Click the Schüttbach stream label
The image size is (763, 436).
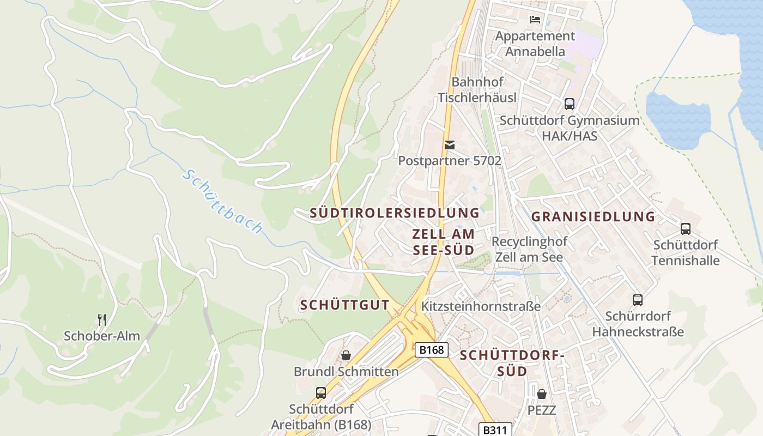(223, 201)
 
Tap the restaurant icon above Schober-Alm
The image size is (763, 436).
(102, 320)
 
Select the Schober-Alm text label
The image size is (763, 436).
(102, 336)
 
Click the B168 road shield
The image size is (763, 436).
(431, 349)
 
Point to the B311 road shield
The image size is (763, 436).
(495, 430)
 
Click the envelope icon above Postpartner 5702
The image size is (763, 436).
(450, 145)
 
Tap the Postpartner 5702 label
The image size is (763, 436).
(450, 161)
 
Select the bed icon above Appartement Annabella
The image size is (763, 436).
(535, 20)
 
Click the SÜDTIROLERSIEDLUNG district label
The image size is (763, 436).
(395, 213)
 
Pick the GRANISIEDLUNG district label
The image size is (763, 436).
(593, 216)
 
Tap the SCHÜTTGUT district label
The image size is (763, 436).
(344, 305)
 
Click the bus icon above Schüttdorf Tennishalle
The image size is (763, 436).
(686, 229)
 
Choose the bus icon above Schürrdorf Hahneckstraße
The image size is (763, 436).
(638, 300)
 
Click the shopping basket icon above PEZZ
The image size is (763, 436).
(542, 394)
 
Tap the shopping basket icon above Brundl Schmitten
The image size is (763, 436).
(346, 356)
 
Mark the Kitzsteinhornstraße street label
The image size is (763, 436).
(481, 306)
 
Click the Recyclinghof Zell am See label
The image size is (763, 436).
(529, 249)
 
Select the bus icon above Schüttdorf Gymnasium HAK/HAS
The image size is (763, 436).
(570, 104)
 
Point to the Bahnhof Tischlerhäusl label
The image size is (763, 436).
(477, 90)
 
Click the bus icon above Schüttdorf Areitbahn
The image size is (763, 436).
(321, 393)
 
